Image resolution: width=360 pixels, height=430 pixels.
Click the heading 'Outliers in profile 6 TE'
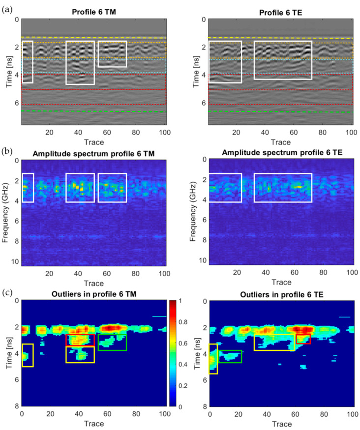pyautogui.click(x=280, y=294)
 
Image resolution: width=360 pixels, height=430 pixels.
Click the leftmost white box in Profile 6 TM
pyautogui.click(x=28, y=62)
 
